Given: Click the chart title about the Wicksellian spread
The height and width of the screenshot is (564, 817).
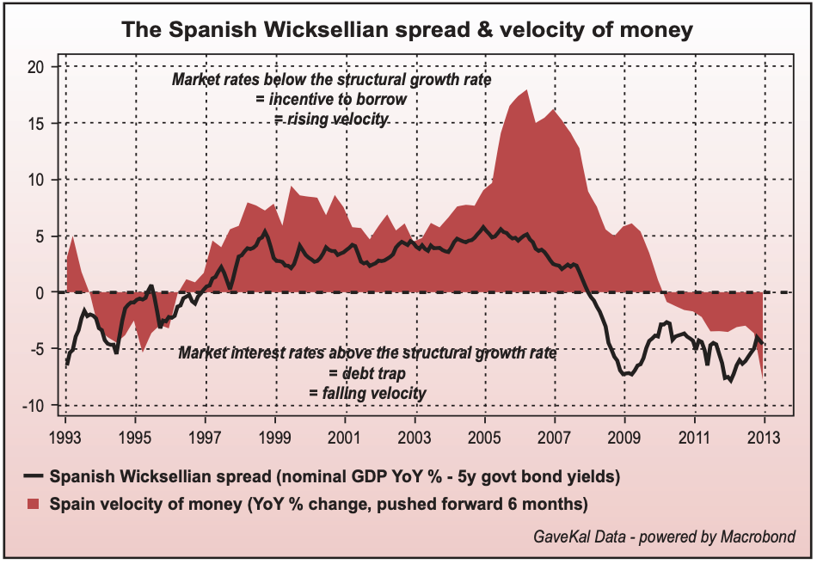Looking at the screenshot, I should (x=407, y=31).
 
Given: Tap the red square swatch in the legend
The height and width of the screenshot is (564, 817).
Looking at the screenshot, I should (x=35, y=503).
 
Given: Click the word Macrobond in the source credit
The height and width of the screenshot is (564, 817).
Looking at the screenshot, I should (x=758, y=537).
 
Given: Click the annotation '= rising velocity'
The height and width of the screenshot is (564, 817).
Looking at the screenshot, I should (x=332, y=119).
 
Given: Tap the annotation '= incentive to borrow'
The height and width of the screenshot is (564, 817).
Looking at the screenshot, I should (x=331, y=100).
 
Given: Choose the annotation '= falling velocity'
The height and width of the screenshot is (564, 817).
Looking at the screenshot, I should (x=367, y=393).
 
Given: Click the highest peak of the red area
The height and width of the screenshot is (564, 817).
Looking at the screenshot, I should (x=526, y=90).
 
